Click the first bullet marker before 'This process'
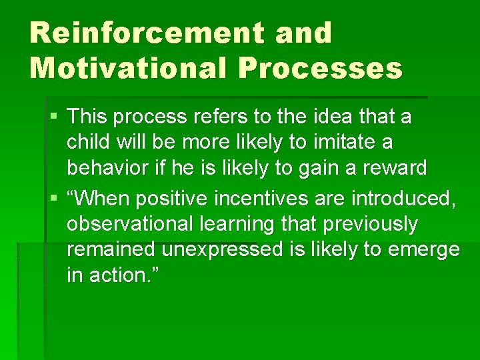pyautogui.click(x=55, y=117)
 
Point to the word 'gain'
pyautogui.click(x=321, y=167)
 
